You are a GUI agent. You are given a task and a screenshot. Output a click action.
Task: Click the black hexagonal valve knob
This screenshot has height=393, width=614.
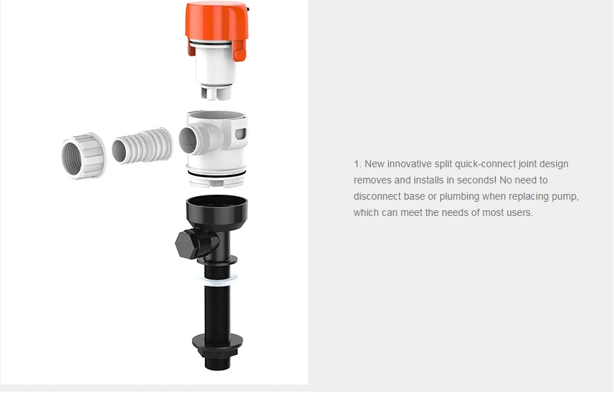[x=189, y=243]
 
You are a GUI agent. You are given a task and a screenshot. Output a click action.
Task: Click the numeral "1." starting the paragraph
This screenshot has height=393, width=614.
[x=358, y=164]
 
